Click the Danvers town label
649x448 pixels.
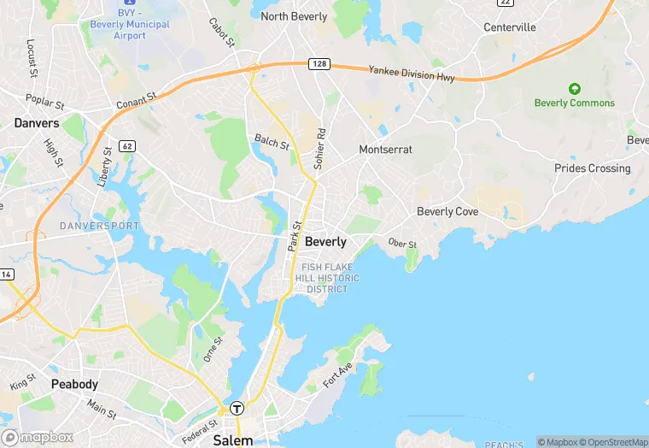coord(37,123)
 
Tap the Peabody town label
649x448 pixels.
coord(74,384)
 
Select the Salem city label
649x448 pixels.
coord(233,440)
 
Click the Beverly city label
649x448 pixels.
coord(325,242)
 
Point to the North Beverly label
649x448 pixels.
coord(294,16)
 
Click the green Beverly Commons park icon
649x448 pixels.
coord(575,89)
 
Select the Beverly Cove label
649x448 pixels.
coord(447,211)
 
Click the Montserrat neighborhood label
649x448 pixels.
coord(385,150)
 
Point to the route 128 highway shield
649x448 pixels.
coord(319,63)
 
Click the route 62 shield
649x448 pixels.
coord(127,146)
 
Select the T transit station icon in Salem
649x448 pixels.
coord(237,409)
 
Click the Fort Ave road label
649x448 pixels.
coord(337,374)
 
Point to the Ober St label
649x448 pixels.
coord(401,245)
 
